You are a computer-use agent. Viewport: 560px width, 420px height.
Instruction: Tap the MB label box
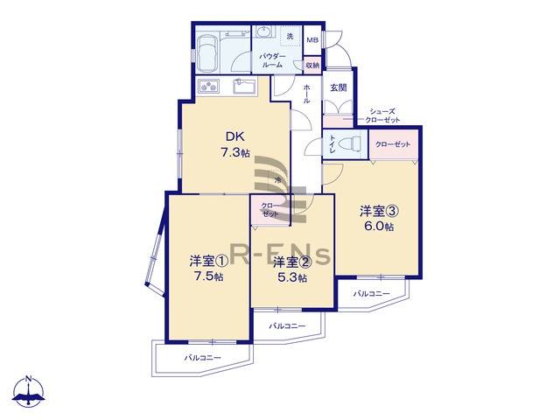[311, 40]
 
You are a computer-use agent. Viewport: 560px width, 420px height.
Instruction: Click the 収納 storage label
[312, 65]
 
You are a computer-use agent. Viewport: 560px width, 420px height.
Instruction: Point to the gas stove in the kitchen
[210, 86]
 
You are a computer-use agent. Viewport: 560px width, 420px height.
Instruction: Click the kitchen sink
[244, 87]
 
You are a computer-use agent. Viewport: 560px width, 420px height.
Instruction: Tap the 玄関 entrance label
[338, 87]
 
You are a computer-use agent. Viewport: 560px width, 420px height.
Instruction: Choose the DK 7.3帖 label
[234, 144]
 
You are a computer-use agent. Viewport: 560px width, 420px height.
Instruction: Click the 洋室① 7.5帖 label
[206, 268]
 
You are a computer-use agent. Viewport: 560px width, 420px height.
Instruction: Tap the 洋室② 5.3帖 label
[290, 269]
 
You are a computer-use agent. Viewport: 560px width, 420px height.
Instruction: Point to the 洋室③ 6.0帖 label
[376, 218]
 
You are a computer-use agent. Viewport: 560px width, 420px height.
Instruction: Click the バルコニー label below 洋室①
[202, 358]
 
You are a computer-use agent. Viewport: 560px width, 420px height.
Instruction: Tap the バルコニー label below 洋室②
[287, 325]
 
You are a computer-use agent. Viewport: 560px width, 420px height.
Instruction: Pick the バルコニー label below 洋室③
[372, 294]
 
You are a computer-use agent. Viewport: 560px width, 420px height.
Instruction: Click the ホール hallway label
[306, 94]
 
